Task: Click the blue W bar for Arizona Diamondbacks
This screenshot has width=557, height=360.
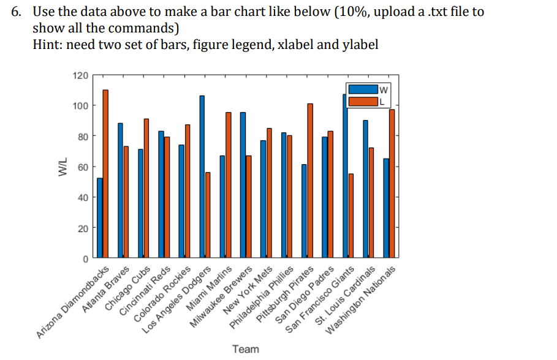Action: tap(100, 217)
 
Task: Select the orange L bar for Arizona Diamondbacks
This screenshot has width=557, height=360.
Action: tap(105, 174)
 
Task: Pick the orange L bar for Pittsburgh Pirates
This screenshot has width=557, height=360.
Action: tap(310, 181)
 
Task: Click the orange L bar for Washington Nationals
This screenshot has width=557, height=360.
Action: tap(392, 183)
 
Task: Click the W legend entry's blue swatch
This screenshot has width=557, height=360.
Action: tap(362, 89)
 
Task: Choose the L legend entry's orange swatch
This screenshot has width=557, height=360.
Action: tap(362, 102)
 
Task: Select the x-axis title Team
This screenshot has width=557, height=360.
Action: tap(246, 349)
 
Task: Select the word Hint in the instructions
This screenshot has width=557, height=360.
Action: tap(46, 44)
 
